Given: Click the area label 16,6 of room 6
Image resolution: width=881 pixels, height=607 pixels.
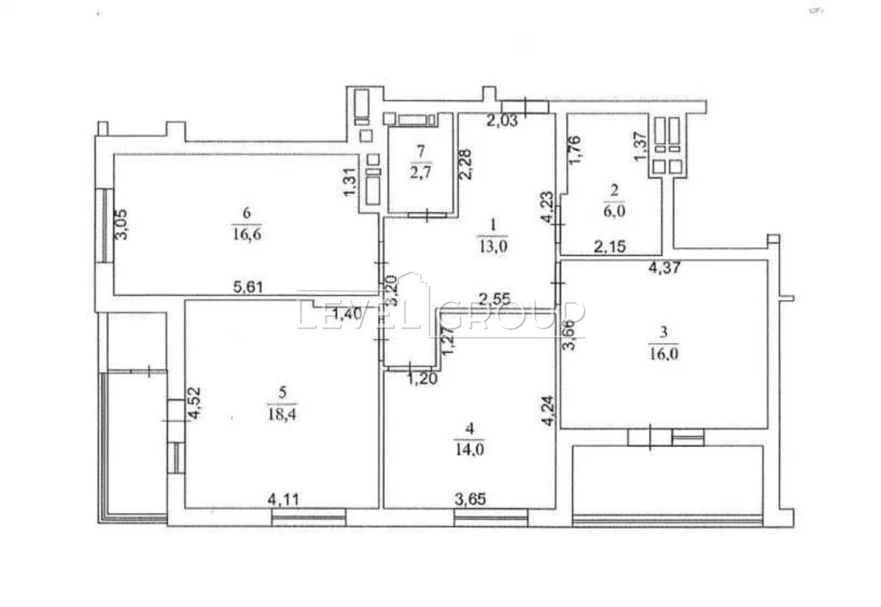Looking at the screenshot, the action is [x=247, y=235].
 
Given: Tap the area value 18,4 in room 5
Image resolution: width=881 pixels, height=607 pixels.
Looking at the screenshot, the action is [x=282, y=414].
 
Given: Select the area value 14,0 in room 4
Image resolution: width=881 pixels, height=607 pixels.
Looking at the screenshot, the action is [x=470, y=449].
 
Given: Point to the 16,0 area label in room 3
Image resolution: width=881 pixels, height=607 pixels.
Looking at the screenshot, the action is [x=664, y=355].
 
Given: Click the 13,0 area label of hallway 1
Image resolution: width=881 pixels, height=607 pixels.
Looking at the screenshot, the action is [x=493, y=247].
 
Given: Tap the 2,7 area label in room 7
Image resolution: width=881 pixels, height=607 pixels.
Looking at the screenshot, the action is [x=421, y=172].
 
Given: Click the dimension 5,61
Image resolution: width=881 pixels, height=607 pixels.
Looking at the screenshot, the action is [x=248, y=287].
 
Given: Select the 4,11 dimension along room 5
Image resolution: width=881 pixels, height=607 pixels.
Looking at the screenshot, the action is [x=283, y=500].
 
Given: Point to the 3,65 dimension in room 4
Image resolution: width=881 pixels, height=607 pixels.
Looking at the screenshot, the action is [x=471, y=500].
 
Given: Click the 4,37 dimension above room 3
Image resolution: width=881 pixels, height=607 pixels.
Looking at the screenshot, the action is [x=664, y=268].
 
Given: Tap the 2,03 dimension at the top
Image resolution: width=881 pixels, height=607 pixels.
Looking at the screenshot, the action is [x=502, y=120].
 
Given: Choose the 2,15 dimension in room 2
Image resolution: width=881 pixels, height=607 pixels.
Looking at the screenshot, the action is [x=610, y=247].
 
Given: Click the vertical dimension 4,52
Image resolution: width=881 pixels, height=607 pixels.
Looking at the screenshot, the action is [x=194, y=404].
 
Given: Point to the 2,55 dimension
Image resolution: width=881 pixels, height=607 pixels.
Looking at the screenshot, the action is [x=494, y=299].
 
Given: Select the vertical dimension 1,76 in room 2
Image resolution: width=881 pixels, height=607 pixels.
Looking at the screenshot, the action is [x=574, y=151].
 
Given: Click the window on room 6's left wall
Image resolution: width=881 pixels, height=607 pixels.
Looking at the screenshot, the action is [x=104, y=225].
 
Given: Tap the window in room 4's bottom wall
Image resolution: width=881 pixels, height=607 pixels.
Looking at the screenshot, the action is [x=491, y=517].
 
